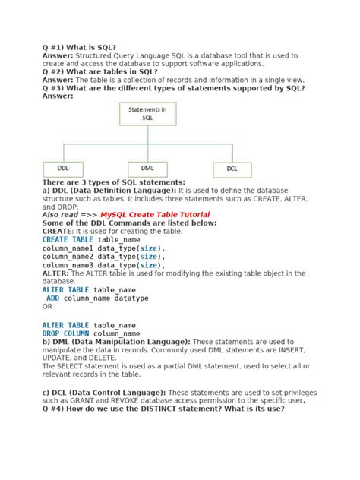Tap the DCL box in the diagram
coord(232,168)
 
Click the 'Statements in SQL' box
coord(147,114)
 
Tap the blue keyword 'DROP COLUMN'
coord(65,333)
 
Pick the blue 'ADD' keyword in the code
coord(53,298)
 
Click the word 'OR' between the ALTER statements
coord(47,307)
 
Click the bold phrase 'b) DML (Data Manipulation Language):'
coord(116,342)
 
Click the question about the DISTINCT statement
coord(163,409)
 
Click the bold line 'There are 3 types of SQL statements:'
coord(113,182)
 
